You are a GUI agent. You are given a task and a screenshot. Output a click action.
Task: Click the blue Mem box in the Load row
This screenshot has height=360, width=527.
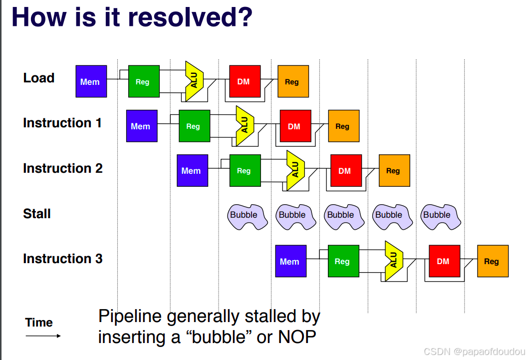(x=91, y=81)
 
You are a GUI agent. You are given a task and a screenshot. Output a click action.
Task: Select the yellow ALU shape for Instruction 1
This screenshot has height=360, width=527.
(x=245, y=126)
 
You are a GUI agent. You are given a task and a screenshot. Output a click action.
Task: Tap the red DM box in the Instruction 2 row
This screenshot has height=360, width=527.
(x=346, y=170)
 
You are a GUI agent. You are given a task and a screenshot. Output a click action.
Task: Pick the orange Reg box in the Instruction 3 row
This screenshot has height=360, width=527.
(x=493, y=261)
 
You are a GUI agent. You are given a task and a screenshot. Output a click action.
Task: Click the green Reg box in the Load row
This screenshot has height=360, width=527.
(x=144, y=81)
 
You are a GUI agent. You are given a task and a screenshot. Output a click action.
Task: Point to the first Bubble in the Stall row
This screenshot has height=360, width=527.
(x=248, y=217)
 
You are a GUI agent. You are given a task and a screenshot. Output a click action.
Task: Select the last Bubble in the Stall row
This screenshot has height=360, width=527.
(x=441, y=217)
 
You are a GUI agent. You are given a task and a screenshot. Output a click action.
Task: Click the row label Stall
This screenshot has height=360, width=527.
(x=37, y=214)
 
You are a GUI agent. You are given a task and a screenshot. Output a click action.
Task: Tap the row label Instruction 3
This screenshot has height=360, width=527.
(x=63, y=259)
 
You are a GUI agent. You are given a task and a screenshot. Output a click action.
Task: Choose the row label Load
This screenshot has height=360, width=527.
(x=38, y=78)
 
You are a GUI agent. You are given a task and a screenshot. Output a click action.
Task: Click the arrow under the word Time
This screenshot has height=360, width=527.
(x=43, y=336)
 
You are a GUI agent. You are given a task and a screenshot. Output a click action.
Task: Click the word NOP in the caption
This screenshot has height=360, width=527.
(x=297, y=337)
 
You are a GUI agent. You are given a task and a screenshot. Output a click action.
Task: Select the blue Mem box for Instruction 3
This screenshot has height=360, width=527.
(x=291, y=261)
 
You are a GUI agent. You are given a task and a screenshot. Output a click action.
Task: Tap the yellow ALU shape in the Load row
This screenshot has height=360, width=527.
(x=194, y=81)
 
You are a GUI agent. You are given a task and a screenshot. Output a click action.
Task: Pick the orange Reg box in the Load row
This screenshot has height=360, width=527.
(x=293, y=81)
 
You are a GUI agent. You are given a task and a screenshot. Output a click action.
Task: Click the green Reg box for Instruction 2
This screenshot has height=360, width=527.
(x=245, y=170)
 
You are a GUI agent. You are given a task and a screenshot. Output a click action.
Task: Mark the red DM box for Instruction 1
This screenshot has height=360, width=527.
(x=295, y=126)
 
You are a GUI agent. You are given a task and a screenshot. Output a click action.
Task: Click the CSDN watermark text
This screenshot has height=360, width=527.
(x=474, y=352)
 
